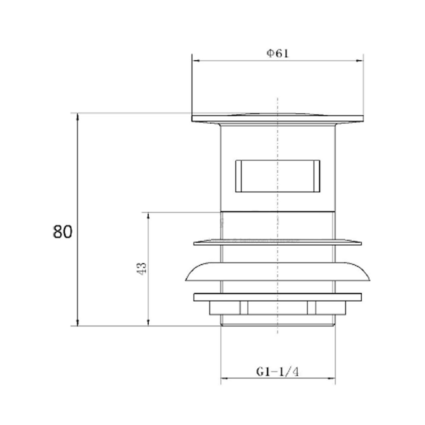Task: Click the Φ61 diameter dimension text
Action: click(x=278, y=54)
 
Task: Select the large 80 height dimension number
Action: click(x=63, y=232)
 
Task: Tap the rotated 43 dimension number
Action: click(x=142, y=268)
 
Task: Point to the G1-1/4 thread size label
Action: click(x=278, y=372)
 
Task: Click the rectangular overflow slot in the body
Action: click(x=278, y=176)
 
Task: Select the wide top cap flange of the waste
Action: click(x=278, y=118)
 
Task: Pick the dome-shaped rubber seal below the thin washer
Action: click(x=278, y=272)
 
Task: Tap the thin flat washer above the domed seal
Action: click(x=278, y=243)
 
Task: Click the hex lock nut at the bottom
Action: click(x=278, y=308)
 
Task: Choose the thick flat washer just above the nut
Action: click(x=278, y=297)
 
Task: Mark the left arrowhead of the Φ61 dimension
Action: click(x=195, y=61)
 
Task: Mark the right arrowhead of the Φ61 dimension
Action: click(x=360, y=61)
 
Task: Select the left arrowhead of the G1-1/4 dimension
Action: click(x=224, y=378)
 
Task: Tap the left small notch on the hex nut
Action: click(x=244, y=308)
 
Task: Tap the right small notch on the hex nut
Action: click(x=312, y=308)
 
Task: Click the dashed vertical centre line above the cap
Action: click(x=277, y=104)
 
